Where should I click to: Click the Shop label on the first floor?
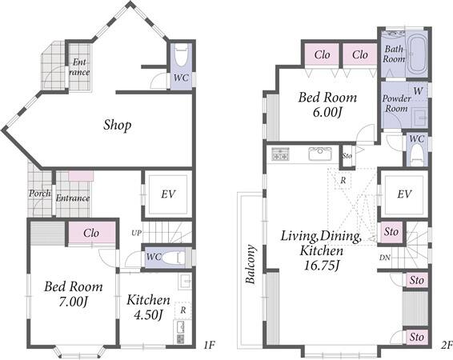(118, 126)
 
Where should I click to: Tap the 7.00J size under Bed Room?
(73, 302)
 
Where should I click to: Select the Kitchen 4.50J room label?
(149, 307)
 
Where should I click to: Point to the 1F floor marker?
(209, 345)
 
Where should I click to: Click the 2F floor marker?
(447, 345)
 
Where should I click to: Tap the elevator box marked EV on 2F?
(404, 194)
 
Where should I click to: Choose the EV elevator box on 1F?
(168, 194)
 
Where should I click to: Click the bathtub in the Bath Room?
(418, 55)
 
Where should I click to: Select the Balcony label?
(251, 264)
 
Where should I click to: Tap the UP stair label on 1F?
(136, 233)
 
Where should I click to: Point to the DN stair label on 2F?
(384, 258)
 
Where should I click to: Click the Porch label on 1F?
(40, 193)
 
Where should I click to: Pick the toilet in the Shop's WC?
(181, 55)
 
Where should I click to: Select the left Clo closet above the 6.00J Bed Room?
(322, 54)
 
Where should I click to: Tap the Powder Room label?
(396, 103)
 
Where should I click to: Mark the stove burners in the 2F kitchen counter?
(279, 154)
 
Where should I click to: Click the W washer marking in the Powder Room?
(418, 91)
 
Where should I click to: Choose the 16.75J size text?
(321, 266)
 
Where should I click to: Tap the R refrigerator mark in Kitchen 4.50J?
(183, 310)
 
